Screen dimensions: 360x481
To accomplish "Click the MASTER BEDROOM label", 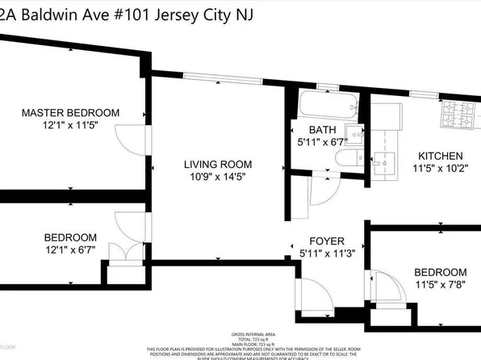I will tap(70, 112).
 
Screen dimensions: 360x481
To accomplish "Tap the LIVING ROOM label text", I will tap(212, 163).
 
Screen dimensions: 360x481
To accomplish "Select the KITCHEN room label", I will tap(439, 156).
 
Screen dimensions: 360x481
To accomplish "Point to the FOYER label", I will tap(327, 241).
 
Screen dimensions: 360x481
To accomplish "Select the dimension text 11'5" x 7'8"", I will tap(440, 284).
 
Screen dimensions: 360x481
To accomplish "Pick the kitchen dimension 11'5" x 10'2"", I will tap(439, 169).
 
